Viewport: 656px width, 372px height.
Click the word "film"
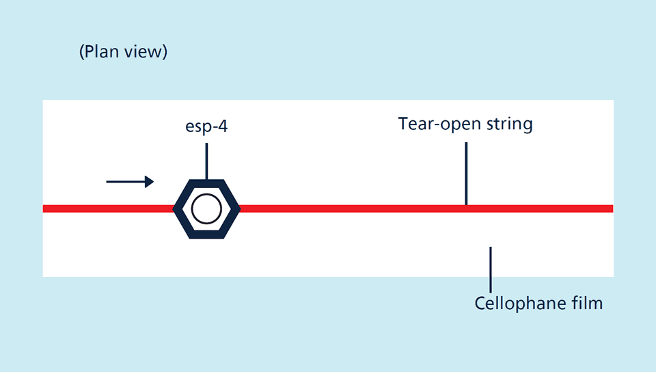click(586, 302)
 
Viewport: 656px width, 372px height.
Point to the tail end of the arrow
click(108, 181)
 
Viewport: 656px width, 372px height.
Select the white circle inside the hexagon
click(206, 209)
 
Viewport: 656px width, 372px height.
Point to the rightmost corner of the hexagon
click(239, 209)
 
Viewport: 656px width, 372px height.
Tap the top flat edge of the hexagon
click(206, 183)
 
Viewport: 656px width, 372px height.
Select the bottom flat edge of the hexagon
click(206, 235)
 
